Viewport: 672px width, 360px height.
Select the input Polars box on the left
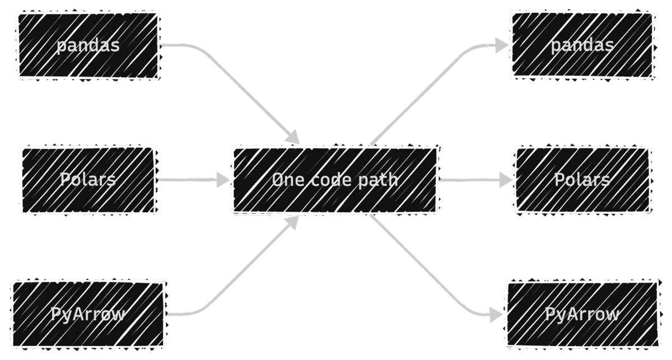coord(88,180)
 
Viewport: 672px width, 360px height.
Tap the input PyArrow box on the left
coord(88,314)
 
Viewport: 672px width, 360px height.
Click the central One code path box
coord(334,180)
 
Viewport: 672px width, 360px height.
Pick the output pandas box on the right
coord(582,45)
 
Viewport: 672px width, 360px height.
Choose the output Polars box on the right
coord(582,180)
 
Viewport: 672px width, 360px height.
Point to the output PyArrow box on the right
coord(582,314)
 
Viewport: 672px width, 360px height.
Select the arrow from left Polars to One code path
coord(190,180)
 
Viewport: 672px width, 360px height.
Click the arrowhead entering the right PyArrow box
coord(496,315)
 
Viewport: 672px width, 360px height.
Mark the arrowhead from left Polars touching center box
coord(223,180)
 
